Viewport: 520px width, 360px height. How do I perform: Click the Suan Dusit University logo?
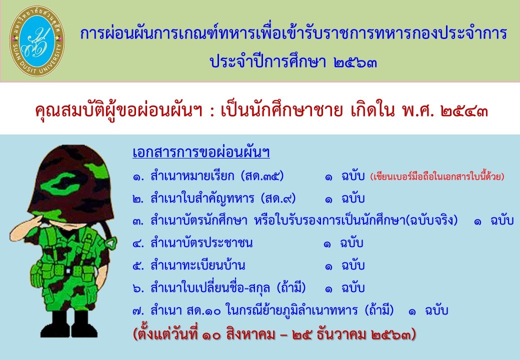[37, 41]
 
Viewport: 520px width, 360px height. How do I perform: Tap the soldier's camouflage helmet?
[71, 182]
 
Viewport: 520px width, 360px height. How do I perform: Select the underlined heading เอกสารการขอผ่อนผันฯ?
[201, 152]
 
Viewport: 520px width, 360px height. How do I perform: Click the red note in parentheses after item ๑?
[437, 176]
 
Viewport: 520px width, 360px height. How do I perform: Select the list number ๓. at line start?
[138, 221]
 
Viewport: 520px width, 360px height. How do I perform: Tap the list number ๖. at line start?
[138, 288]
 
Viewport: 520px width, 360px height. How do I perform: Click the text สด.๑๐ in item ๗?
[203, 311]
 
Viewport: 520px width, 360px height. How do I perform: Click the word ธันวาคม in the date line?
[341, 334]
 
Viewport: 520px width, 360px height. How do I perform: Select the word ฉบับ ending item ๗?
[436, 311]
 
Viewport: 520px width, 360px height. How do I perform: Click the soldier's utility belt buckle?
[68, 271]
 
